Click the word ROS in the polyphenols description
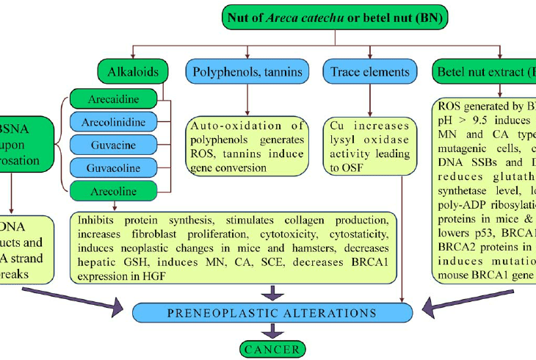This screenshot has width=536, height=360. point(200,153)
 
